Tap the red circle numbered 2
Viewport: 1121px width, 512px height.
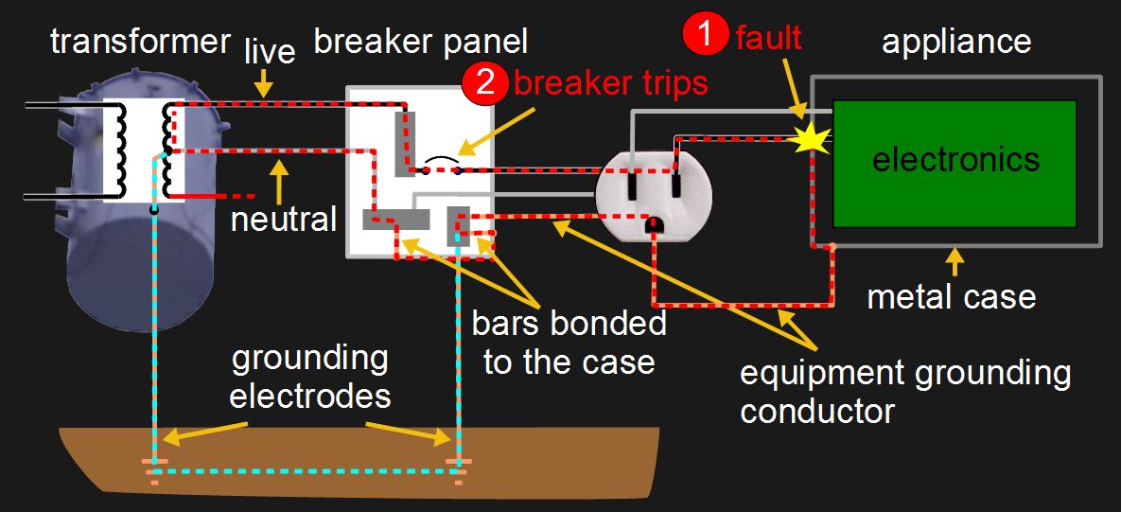coord(485,82)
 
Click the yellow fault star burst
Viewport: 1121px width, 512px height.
coord(813,140)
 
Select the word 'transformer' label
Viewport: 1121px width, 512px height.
coord(140,41)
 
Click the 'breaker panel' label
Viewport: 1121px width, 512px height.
coord(420,41)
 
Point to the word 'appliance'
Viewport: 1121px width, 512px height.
coord(955,41)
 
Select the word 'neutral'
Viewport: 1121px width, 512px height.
coord(285,220)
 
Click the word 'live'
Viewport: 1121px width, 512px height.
coord(271,51)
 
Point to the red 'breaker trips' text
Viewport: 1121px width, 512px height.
coord(610,82)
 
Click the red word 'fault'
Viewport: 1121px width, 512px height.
coord(768,37)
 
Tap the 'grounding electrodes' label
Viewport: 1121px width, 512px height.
coord(309,376)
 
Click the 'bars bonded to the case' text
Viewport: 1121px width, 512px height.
coord(569,342)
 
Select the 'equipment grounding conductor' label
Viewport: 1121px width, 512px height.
coord(905,391)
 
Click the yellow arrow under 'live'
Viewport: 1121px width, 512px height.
coord(265,85)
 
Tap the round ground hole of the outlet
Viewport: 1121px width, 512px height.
coord(652,224)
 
